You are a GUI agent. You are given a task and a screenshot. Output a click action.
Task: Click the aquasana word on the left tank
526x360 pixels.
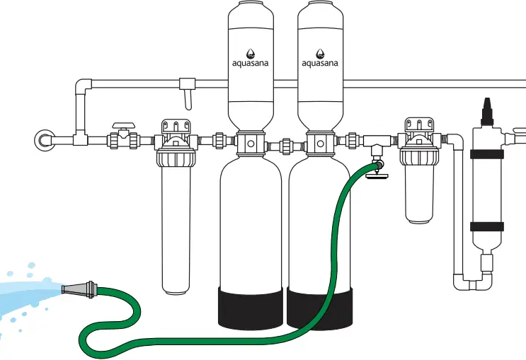click(251, 63)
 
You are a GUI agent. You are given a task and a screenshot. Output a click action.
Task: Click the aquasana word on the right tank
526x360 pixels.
click(320, 63)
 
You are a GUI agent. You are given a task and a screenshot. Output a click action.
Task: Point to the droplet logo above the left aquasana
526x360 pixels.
click(251, 52)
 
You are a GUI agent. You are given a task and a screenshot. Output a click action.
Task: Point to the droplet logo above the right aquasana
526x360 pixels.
click(320, 52)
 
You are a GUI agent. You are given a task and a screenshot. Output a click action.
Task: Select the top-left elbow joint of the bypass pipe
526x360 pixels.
click(83, 88)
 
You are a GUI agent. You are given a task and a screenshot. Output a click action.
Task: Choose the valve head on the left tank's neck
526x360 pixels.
click(251, 144)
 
